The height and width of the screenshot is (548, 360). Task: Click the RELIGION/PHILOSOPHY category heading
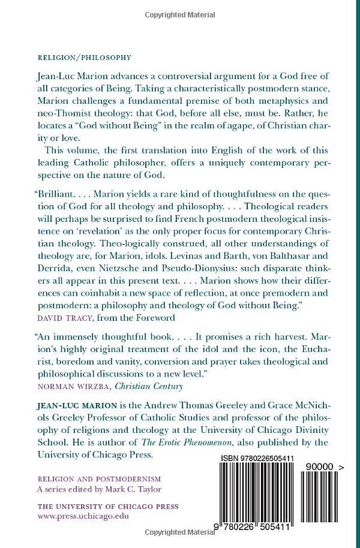coord(84,58)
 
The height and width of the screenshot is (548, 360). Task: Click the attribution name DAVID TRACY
coord(62,318)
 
